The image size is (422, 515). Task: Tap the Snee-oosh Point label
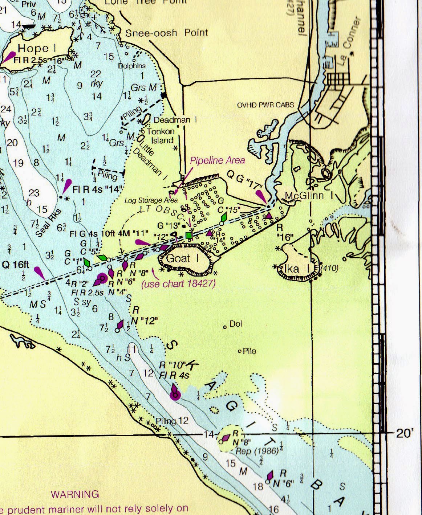(x=167, y=33)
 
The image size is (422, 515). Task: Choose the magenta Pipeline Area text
(x=218, y=160)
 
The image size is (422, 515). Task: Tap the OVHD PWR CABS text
(x=265, y=105)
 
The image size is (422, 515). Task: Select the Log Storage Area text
(x=151, y=200)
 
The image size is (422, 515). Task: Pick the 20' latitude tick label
(x=405, y=433)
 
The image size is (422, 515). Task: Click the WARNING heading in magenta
(x=75, y=494)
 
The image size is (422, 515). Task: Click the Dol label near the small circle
(x=236, y=324)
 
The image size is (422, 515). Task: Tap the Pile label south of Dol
(x=249, y=351)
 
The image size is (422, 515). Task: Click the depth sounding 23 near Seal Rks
(x=34, y=193)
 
